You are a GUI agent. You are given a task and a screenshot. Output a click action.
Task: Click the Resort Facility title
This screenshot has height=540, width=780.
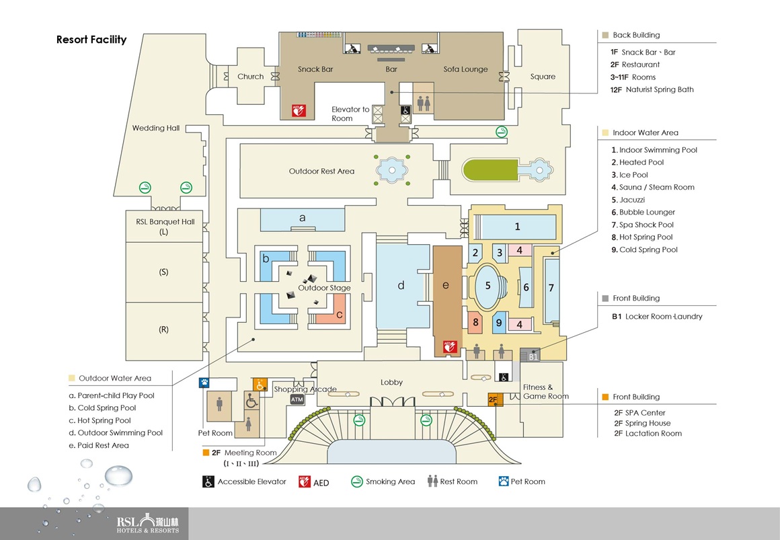click(x=91, y=40)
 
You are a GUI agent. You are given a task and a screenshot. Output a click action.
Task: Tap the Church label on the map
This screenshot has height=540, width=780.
click(x=250, y=77)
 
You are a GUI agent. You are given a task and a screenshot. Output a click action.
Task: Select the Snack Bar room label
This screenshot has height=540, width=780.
click(x=315, y=69)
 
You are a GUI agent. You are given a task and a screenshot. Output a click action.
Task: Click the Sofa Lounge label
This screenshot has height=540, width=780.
click(x=465, y=69)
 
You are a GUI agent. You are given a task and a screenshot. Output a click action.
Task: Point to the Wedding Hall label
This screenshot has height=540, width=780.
click(x=156, y=128)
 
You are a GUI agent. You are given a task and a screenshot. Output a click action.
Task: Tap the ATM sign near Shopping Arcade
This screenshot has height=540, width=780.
click(x=297, y=399)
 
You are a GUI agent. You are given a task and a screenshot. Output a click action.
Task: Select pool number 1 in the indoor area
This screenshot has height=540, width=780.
click(x=517, y=227)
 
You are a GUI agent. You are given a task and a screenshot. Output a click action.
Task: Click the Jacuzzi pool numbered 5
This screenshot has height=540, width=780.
click(x=488, y=285)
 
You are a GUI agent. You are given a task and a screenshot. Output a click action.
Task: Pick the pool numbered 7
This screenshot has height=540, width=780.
click(x=551, y=288)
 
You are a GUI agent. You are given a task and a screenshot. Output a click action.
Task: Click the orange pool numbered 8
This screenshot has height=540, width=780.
click(x=475, y=323)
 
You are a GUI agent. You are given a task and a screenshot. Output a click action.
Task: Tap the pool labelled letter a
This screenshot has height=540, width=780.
click(x=303, y=218)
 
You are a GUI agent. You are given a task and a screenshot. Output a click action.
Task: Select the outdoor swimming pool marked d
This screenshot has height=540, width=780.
click(x=401, y=286)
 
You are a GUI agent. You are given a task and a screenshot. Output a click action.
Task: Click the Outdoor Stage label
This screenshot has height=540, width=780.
click(x=324, y=288)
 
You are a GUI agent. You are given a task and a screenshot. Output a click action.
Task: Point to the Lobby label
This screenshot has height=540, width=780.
click(x=391, y=382)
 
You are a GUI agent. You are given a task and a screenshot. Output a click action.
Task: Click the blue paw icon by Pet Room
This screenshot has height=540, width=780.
click(x=203, y=382)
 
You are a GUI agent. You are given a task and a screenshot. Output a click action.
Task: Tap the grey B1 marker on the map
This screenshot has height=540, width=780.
click(x=533, y=356)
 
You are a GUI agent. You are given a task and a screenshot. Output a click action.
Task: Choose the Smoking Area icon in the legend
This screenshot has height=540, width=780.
click(x=357, y=481)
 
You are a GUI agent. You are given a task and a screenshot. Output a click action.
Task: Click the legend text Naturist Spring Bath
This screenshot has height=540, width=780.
click(x=657, y=89)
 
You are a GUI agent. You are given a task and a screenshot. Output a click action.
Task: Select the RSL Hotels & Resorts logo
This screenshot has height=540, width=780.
click(x=148, y=525)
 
